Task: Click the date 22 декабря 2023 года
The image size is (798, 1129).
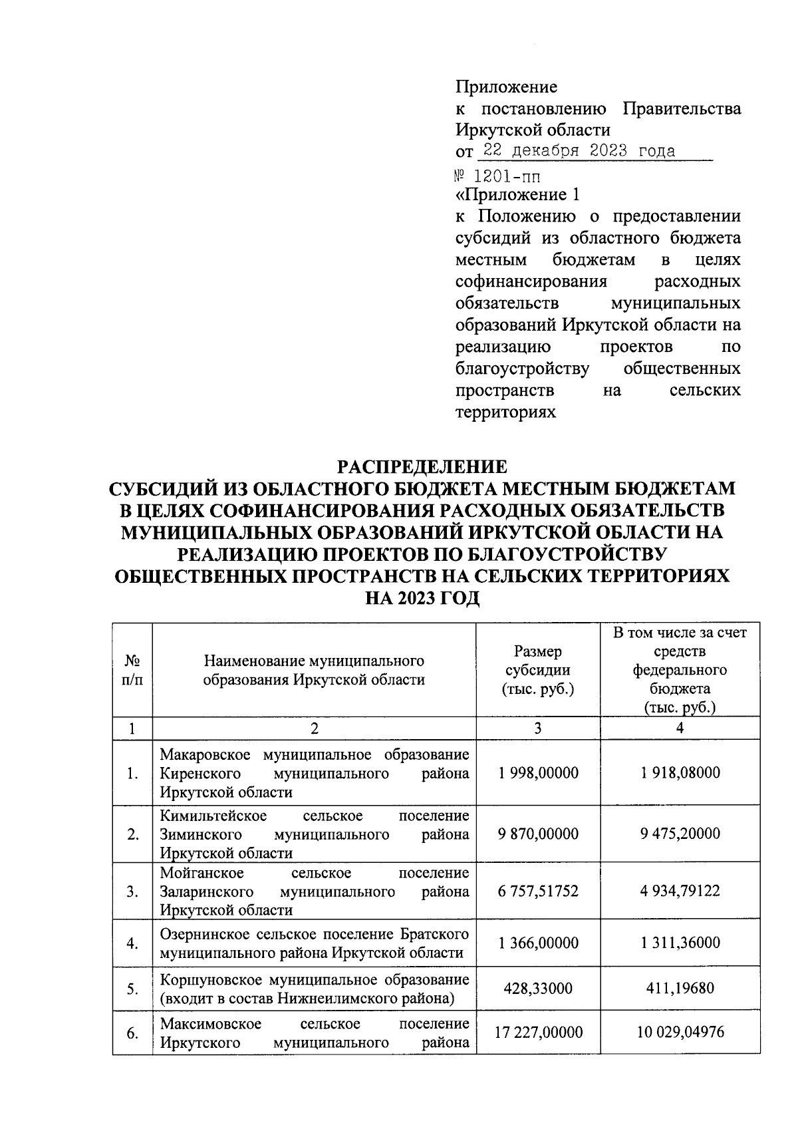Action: click(577, 150)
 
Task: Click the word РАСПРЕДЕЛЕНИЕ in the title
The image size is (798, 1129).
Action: click(422, 466)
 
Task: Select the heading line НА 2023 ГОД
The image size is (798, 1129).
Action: click(422, 598)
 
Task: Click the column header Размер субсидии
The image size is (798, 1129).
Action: click(537, 670)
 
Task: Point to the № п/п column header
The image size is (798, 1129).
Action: click(132, 670)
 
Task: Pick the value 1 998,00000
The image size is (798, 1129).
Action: click(537, 773)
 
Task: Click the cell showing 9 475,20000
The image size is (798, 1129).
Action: click(680, 834)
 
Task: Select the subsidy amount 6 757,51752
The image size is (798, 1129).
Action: click(537, 891)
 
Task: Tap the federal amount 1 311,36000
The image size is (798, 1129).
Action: click(680, 943)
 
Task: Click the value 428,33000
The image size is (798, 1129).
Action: click(537, 988)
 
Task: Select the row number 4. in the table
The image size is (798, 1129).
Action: click(132, 943)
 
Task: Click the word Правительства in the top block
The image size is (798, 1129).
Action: click(682, 108)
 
